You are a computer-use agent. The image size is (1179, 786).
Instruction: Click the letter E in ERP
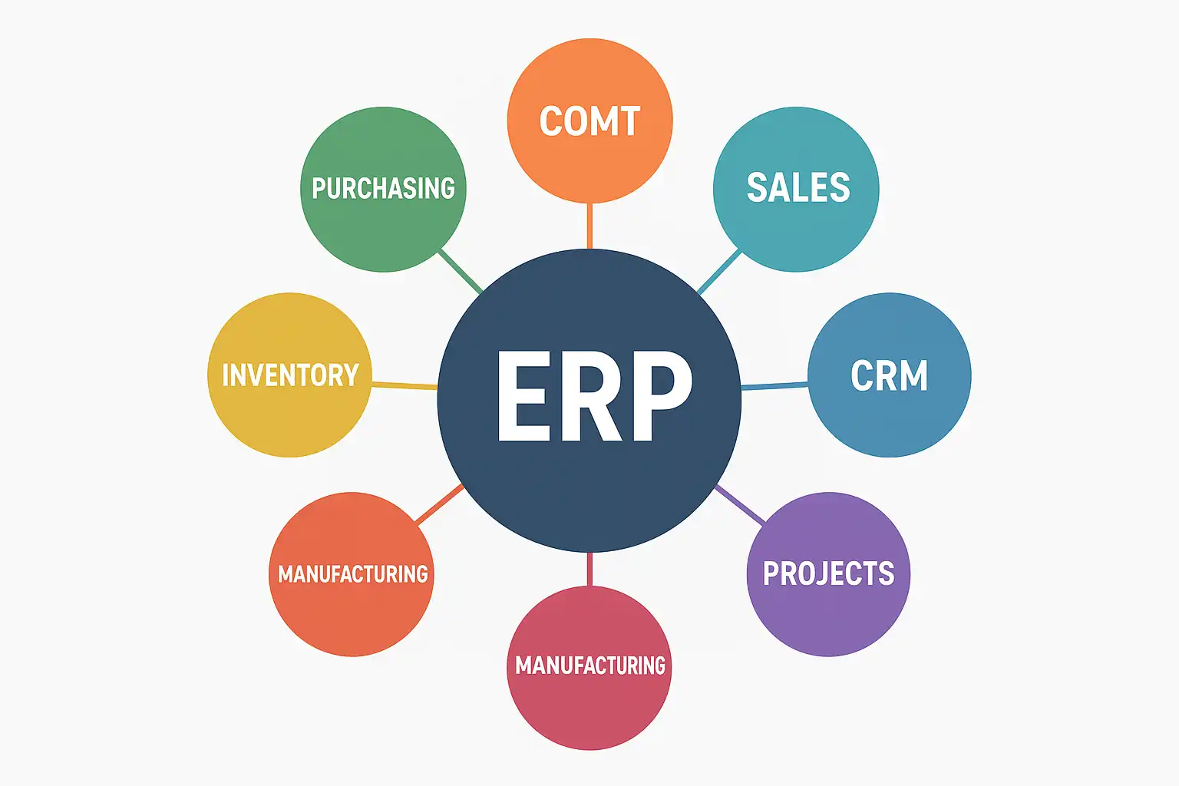coord(522,397)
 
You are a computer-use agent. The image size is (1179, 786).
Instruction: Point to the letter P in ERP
coord(658,397)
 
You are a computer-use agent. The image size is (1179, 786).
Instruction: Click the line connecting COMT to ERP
coord(589,226)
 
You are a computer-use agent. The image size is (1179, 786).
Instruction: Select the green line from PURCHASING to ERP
coord(459,272)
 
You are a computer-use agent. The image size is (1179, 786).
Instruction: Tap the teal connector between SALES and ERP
coord(719,272)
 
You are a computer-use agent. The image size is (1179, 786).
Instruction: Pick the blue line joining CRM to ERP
coord(774,385)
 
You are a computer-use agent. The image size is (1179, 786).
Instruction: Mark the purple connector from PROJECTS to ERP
coord(740,505)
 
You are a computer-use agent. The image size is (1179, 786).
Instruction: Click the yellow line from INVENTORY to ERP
coord(405,385)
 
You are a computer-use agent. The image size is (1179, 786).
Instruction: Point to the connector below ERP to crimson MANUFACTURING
coord(589,569)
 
